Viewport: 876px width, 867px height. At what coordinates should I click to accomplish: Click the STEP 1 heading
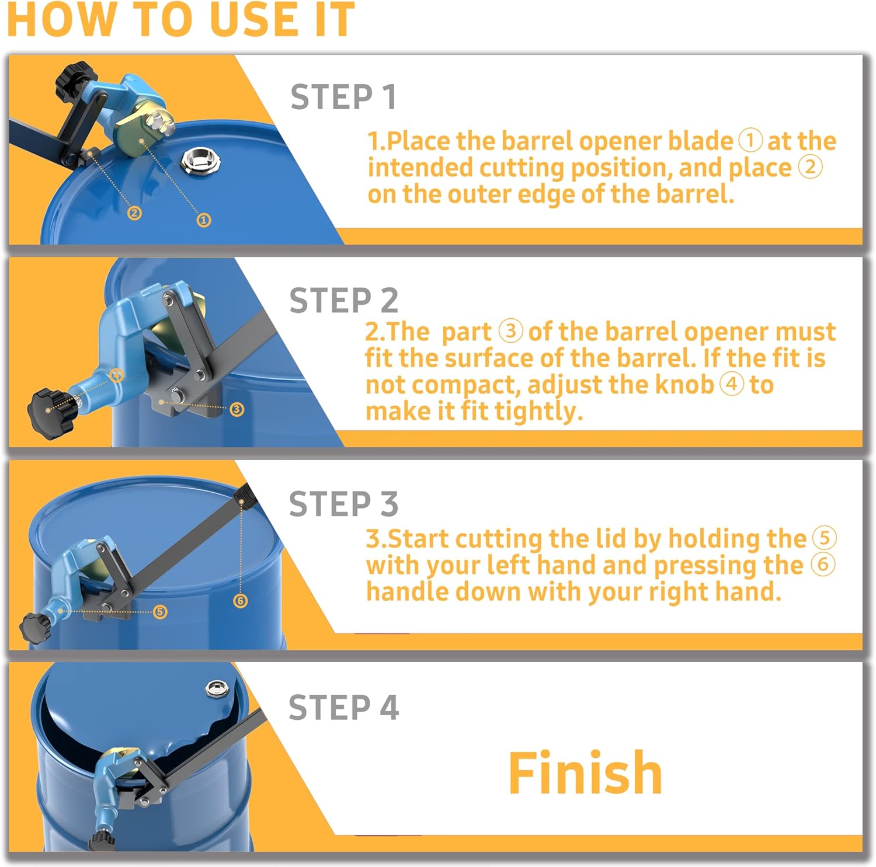coord(343,97)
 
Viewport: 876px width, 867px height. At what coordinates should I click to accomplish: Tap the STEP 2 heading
coord(343,301)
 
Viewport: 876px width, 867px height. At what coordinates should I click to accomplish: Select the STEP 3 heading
coord(343,504)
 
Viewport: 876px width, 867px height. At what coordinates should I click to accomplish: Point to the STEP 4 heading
coord(343,708)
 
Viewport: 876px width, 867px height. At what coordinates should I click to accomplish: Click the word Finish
coord(585,773)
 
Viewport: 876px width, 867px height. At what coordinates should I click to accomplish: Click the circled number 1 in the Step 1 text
coord(750,141)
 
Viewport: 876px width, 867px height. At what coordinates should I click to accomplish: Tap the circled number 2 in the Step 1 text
coord(811,167)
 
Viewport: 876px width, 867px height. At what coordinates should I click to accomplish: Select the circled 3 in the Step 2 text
coord(510,331)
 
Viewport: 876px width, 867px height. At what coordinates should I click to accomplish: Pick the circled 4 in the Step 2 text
coord(731,384)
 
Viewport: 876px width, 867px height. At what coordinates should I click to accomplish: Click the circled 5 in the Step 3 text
coord(824,538)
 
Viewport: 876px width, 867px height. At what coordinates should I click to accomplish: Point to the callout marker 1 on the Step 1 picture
coord(203,220)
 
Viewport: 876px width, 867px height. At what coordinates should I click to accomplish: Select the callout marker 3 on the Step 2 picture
coord(237,409)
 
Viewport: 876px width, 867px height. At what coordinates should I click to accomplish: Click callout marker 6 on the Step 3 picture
coord(240,601)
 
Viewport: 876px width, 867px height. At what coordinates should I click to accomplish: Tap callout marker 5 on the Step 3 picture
coord(160,611)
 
